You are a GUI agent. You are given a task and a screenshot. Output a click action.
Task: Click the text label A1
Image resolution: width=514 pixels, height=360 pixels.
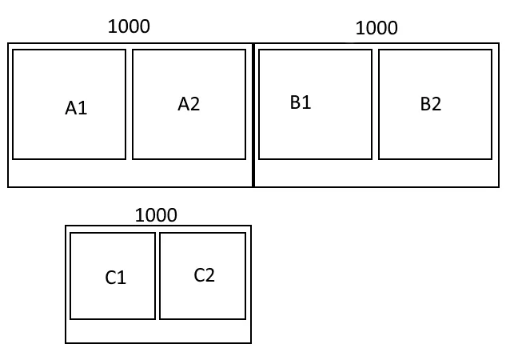click(76, 108)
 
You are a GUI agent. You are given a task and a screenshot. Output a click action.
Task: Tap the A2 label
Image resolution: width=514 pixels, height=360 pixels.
click(189, 104)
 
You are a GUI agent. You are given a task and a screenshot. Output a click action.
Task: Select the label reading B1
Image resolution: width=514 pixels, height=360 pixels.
click(301, 102)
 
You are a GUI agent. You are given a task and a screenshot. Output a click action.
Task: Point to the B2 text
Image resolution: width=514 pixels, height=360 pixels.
click(430, 104)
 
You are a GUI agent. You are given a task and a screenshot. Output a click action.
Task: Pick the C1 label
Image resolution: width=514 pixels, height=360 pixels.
click(116, 278)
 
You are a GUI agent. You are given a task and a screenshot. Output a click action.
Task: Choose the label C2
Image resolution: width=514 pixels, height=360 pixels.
click(205, 275)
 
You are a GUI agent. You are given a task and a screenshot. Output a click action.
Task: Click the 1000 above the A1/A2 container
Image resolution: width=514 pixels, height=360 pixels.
click(129, 26)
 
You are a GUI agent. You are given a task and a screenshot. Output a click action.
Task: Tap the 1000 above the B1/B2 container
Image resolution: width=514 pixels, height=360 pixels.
click(377, 28)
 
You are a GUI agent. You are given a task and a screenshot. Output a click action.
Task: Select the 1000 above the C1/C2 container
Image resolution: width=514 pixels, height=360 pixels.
click(156, 215)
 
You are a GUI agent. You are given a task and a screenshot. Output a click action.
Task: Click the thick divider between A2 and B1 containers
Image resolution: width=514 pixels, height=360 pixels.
click(253, 115)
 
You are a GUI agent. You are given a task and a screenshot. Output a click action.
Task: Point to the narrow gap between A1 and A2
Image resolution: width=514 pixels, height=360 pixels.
click(129, 104)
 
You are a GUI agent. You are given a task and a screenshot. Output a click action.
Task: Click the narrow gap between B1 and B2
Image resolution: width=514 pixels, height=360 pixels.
click(376, 104)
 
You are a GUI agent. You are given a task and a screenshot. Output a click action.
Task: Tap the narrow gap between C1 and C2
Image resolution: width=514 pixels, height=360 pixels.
click(157, 276)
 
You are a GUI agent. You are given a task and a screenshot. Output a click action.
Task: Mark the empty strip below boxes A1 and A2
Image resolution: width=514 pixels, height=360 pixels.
click(130, 173)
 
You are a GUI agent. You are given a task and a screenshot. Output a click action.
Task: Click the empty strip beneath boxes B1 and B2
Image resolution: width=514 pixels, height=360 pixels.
click(377, 173)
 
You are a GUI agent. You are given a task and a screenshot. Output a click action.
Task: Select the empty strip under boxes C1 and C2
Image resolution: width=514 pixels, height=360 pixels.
click(158, 331)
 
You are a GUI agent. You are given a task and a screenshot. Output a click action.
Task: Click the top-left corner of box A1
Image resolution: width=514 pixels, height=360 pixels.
click(14, 50)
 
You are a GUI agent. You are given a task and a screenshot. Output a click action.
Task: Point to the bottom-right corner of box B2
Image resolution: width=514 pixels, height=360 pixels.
click(491, 158)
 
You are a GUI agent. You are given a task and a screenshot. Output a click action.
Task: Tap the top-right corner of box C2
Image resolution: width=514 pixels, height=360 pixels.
click(245, 234)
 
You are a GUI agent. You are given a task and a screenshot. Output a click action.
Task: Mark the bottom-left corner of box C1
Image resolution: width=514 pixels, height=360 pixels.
click(71, 318)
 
